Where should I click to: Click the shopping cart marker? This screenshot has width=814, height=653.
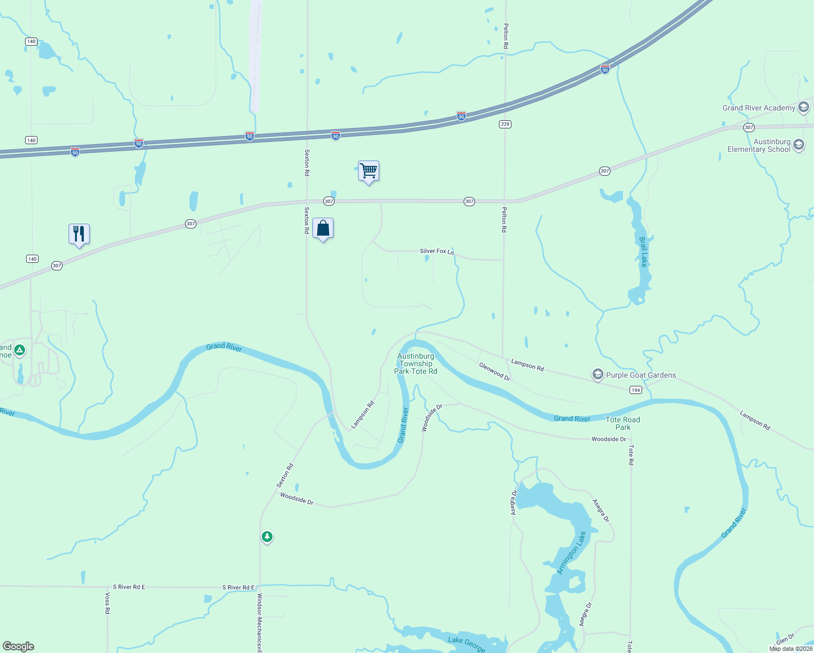click(x=368, y=171)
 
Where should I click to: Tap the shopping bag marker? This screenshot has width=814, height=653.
click(x=323, y=229)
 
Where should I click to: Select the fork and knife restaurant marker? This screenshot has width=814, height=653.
click(x=79, y=234)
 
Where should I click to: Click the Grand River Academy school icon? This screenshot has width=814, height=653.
click(x=803, y=107)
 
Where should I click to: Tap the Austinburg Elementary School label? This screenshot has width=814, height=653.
click(x=759, y=145)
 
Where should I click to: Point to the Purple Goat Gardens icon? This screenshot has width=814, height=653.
click(x=598, y=374)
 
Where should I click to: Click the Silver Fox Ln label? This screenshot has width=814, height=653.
click(x=436, y=251)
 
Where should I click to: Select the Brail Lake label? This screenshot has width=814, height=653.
click(x=644, y=252)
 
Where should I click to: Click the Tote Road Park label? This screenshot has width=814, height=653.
click(x=622, y=423)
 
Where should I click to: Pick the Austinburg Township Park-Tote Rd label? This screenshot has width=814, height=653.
click(x=416, y=364)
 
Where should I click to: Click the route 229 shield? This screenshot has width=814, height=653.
click(x=505, y=124)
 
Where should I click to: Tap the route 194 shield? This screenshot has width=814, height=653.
click(x=636, y=390)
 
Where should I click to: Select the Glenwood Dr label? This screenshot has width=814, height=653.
click(x=495, y=372)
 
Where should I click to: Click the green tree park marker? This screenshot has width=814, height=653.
click(x=267, y=537)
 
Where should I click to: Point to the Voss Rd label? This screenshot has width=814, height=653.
click(x=107, y=603)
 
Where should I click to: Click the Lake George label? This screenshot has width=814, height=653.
click(x=466, y=643)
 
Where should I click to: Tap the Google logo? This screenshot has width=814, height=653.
click(x=18, y=646)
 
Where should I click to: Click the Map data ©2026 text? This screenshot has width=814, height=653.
click(x=790, y=649)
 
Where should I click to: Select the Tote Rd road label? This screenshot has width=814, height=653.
click(x=631, y=455)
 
